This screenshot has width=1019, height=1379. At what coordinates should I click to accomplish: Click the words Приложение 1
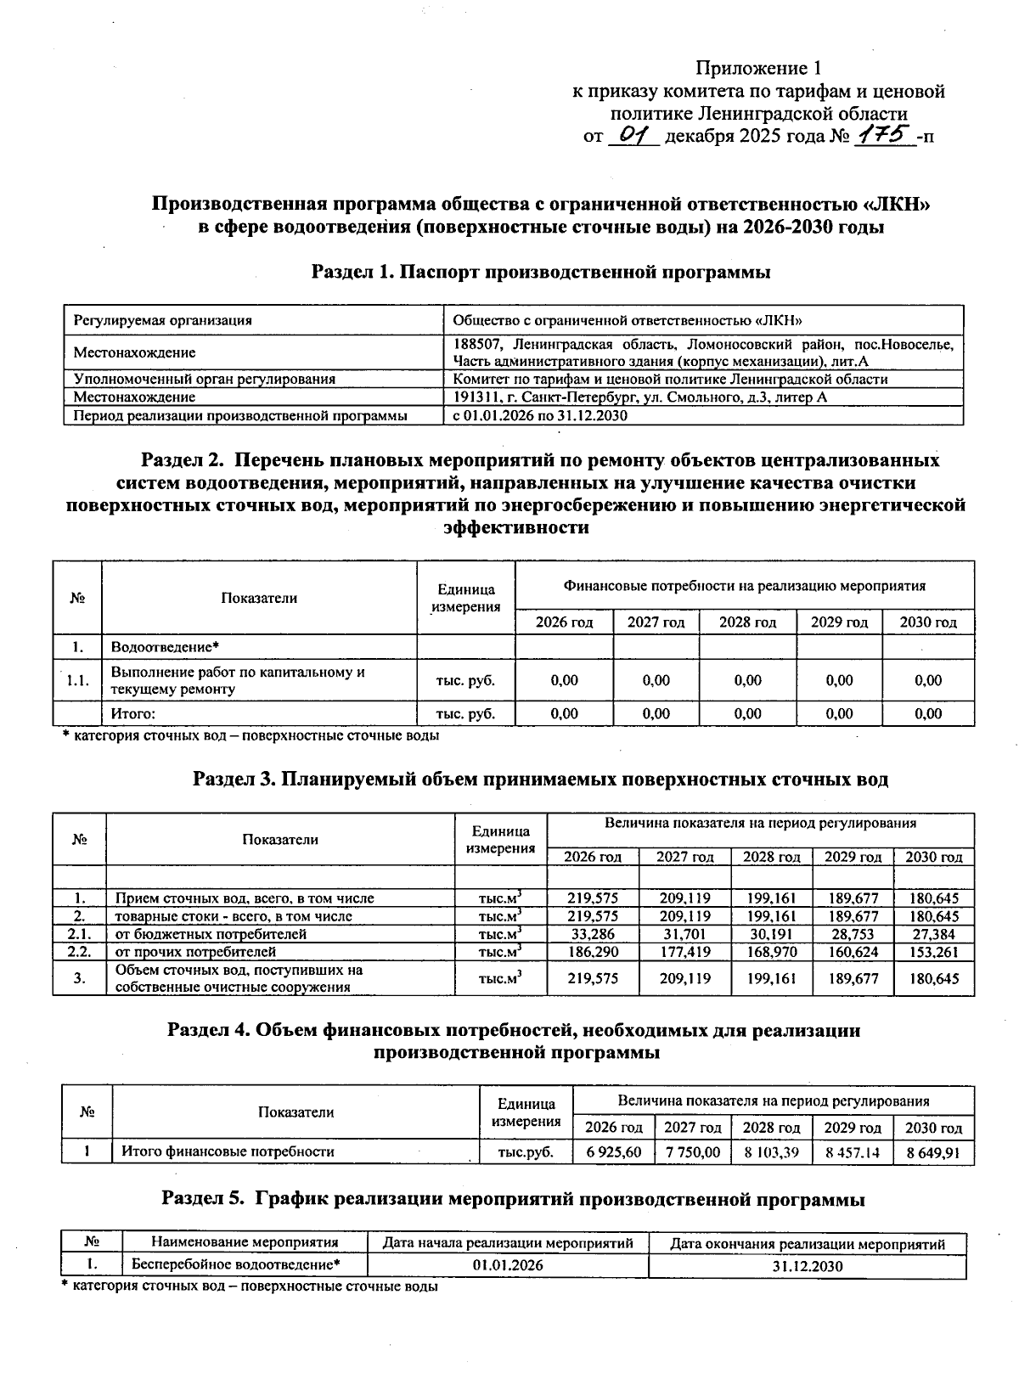759,68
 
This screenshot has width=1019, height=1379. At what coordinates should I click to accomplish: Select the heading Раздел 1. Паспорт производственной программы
541,273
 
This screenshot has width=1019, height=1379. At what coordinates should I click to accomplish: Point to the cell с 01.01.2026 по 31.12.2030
539,416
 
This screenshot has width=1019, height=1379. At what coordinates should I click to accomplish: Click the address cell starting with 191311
639,397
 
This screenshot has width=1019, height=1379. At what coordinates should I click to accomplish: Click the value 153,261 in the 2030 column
933,952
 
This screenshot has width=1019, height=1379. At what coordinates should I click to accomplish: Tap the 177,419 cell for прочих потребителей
684,952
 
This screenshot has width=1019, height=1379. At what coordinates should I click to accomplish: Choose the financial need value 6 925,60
613,1152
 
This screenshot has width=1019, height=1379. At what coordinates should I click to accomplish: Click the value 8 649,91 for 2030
933,1152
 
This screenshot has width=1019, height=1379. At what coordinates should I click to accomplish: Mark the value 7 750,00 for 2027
692,1152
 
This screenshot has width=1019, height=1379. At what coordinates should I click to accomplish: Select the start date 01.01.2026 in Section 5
508,1265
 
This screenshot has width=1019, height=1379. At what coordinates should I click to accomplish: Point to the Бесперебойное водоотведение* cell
235,1265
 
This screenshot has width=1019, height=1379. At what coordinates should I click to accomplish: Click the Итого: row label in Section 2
134,714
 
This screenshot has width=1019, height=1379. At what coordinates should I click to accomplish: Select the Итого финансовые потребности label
228,1152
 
